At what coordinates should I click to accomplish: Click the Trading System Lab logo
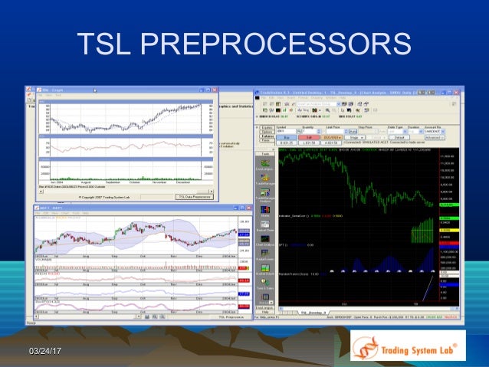click(x=406, y=346)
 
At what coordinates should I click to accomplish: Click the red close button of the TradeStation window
click(x=461, y=92)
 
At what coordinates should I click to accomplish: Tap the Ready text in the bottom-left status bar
click(x=31, y=323)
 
